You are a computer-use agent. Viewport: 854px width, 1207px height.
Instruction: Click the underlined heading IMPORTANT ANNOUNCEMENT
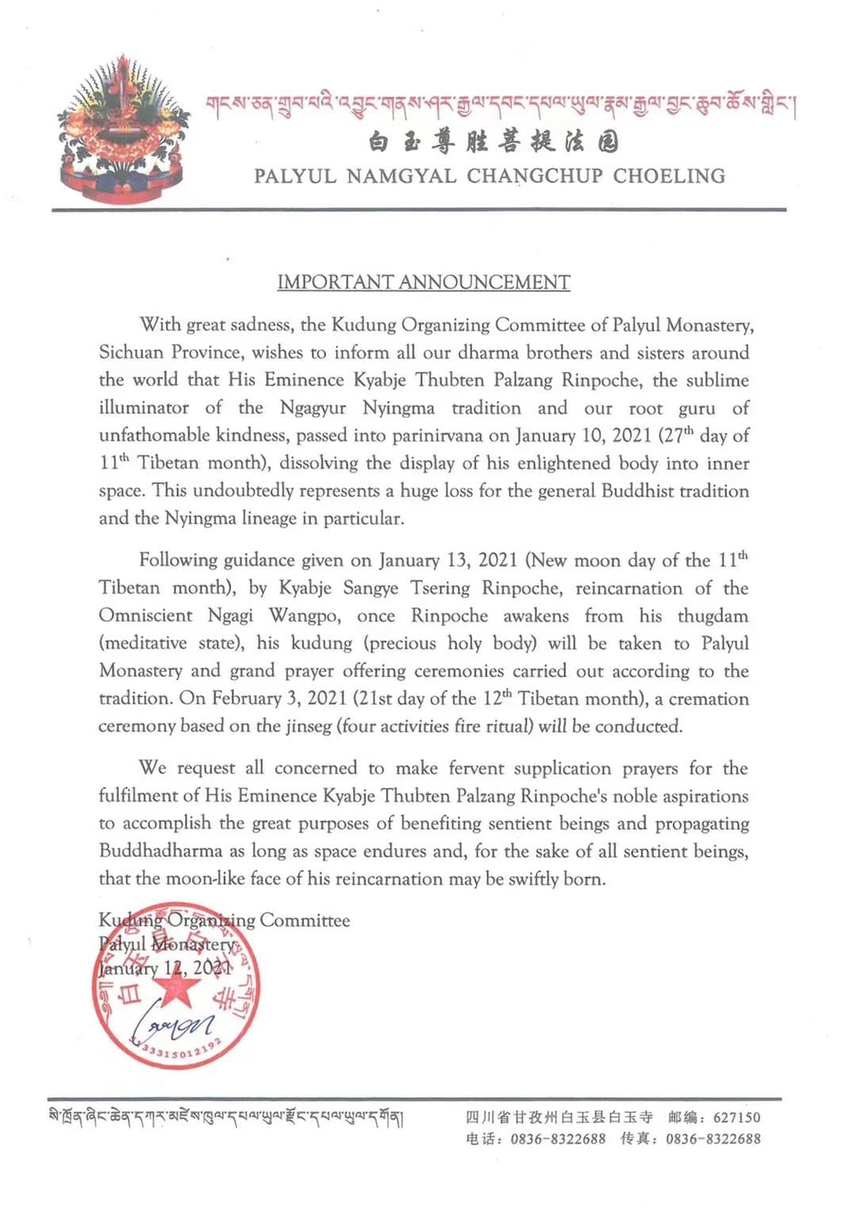tap(423, 282)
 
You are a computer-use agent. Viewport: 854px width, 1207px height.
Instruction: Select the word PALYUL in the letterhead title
tap(294, 176)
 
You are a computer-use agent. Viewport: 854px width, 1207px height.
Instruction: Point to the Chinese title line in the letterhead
tap(493, 143)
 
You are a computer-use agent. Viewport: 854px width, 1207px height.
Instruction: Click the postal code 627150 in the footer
tap(737, 1117)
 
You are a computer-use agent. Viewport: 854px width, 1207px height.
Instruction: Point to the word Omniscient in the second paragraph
tap(145, 615)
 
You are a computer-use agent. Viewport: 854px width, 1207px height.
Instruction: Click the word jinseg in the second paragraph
tap(309, 726)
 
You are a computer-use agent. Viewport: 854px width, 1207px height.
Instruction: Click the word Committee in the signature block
tap(304, 920)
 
